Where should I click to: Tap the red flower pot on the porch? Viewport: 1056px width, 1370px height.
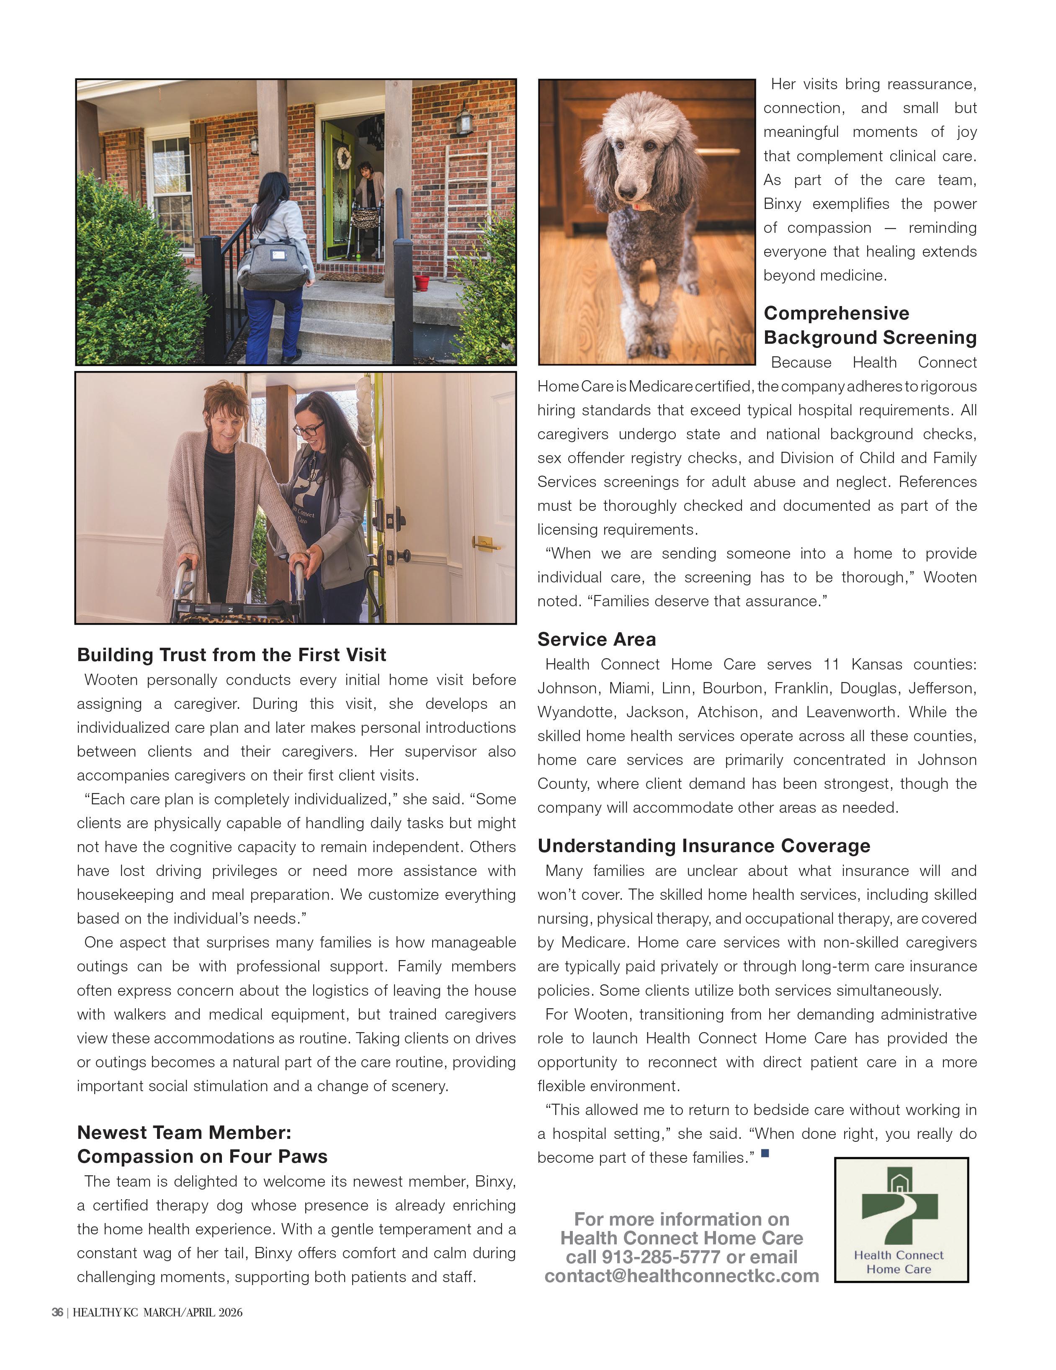click(x=422, y=282)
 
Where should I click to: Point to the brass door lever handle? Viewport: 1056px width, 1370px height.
click(x=484, y=543)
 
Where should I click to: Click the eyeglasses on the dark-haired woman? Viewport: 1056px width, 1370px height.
click(x=309, y=430)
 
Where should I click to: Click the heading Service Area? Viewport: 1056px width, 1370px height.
click(x=596, y=639)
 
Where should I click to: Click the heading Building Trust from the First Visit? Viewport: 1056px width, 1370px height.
click(x=231, y=655)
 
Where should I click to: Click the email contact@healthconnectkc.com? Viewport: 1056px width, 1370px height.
click(x=681, y=1276)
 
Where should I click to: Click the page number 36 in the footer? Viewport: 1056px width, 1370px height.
click(x=57, y=1312)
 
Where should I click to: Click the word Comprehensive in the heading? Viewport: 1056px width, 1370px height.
click(x=836, y=313)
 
